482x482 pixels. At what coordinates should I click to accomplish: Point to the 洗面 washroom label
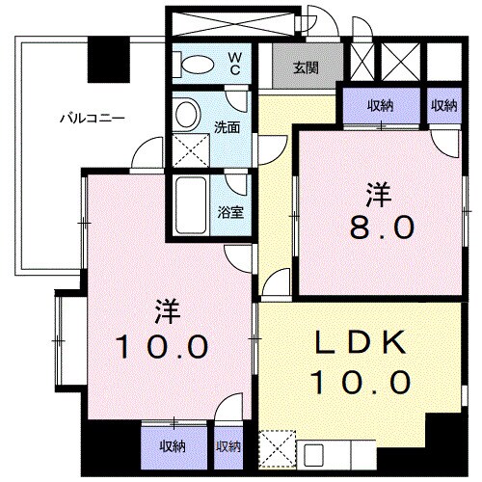228,125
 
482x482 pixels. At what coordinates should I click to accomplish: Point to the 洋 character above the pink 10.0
164,310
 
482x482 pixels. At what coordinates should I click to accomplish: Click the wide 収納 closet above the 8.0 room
380,106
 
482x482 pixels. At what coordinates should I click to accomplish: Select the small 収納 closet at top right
443,106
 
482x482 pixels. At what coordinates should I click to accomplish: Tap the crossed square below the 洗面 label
186,150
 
